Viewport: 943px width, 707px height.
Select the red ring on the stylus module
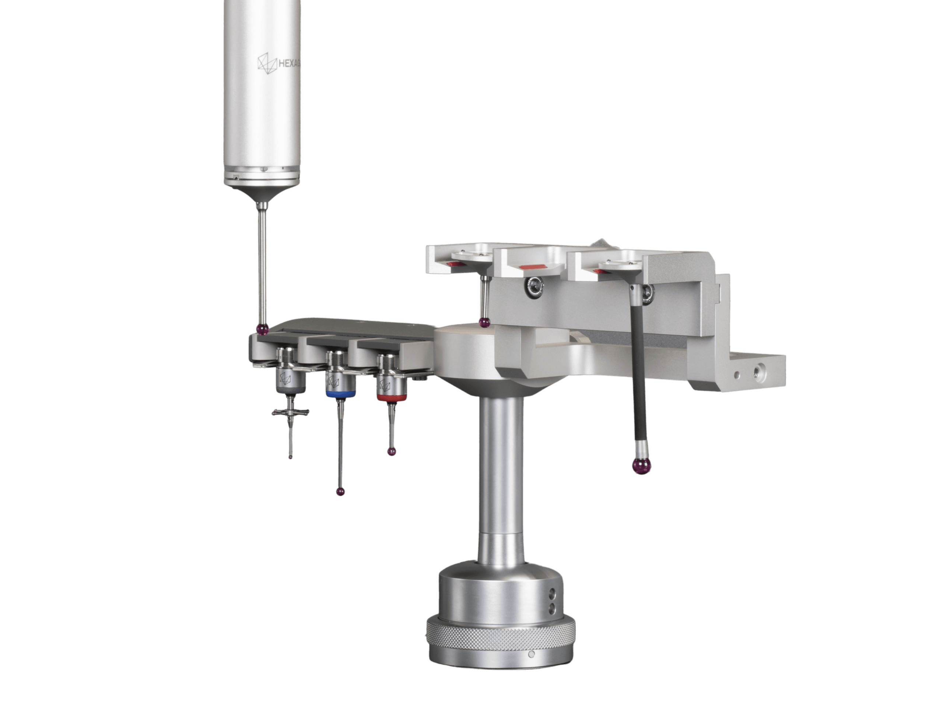[x=391, y=398]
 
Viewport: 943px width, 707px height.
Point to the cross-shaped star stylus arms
[x=291, y=412]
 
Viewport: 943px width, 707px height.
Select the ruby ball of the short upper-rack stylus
[x=484, y=323]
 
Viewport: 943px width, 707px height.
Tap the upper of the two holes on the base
[x=553, y=593]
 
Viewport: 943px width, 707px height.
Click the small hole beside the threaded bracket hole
[x=737, y=374]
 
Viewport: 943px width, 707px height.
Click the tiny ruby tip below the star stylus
[x=291, y=457]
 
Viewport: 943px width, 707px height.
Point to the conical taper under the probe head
[x=262, y=194]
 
